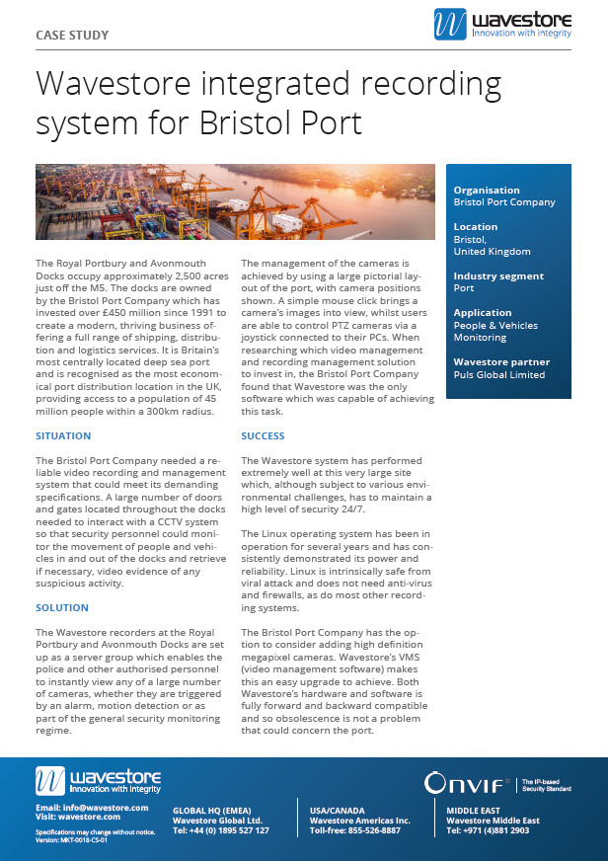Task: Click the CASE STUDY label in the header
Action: (72, 36)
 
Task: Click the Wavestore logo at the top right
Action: (501, 25)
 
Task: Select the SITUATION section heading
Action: (63, 435)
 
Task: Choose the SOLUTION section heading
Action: (61, 607)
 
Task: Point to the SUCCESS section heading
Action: (263, 435)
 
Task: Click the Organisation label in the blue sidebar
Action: (487, 191)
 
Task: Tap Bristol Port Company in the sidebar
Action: (504, 202)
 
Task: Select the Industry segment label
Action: (498, 275)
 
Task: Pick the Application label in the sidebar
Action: (483, 313)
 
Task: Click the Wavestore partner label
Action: (501, 362)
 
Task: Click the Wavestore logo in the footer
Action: (98, 781)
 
